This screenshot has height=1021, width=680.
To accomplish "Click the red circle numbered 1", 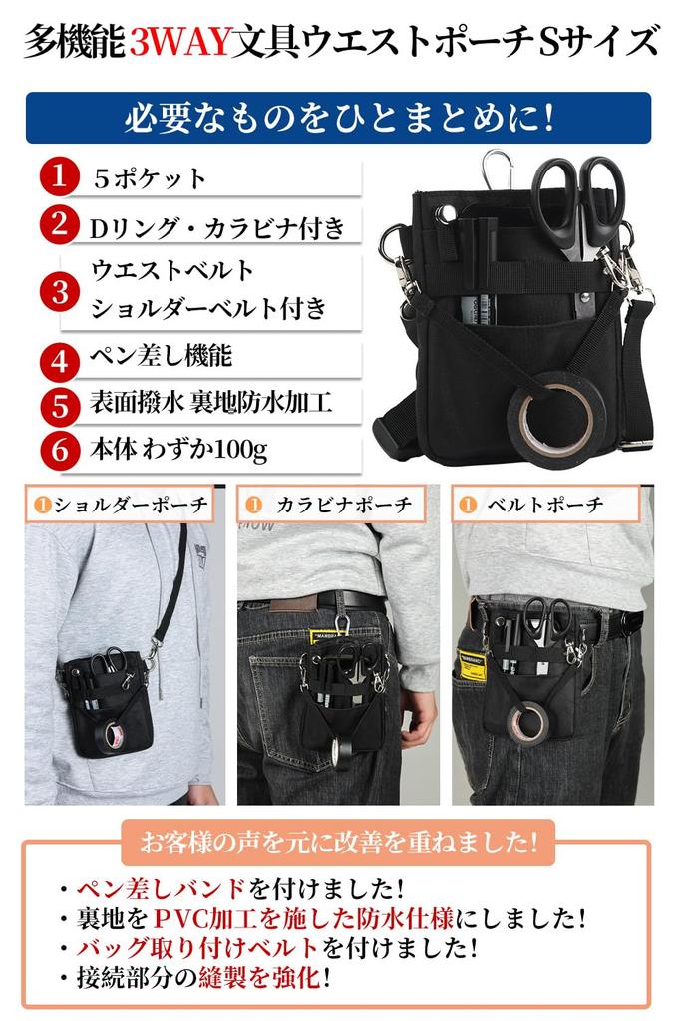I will click(x=60, y=178).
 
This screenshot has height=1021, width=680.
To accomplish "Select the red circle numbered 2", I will click(x=60, y=225).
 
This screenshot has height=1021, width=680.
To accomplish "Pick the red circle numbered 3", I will click(x=60, y=290).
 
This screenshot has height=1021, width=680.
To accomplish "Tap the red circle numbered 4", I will click(x=60, y=357).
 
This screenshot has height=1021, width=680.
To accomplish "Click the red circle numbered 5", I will click(x=60, y=404).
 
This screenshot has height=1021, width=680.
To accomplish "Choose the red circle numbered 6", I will click(x=60, y=451).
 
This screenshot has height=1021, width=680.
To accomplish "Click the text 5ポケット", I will click(x=150, y=179).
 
